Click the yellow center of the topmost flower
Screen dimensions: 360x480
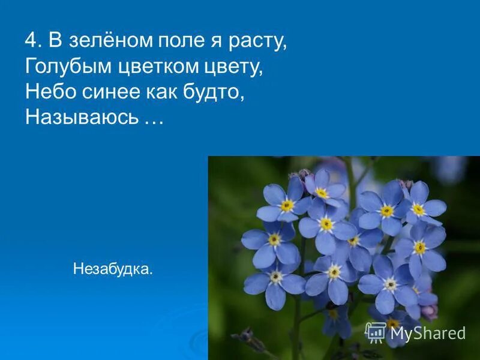pos(322,193)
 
